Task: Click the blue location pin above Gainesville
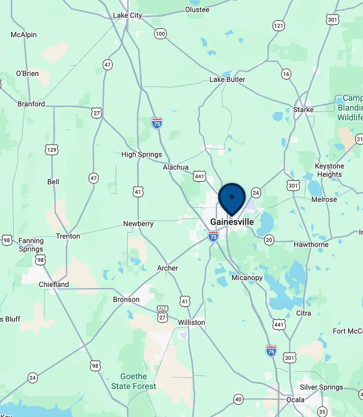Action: [x=232, y=198]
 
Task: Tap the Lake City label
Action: [x=128, y=15]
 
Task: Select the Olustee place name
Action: [x=197, y=10]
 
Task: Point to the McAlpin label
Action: [x=24, y=35]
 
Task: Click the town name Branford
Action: [x=31, y=104]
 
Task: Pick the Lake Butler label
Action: [x=227, y=79]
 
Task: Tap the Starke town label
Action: [x=303, y=109]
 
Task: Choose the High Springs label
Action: [x=142, y=154]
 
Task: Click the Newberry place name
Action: [x=138, y=224]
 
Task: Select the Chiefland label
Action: [x=54, y=284]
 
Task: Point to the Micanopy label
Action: [x=247, y=278]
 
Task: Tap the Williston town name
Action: [x=191, y=322]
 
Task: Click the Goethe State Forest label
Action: [x=134, y=381]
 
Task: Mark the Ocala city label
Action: [x=295, y=400]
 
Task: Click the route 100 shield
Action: [x=160, y=34]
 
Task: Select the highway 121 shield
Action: [x=278, y=25]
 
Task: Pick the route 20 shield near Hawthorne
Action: [x=269, y=240]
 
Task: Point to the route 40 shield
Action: [x=238, y=399]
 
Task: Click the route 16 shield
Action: [x=287, y=74]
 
